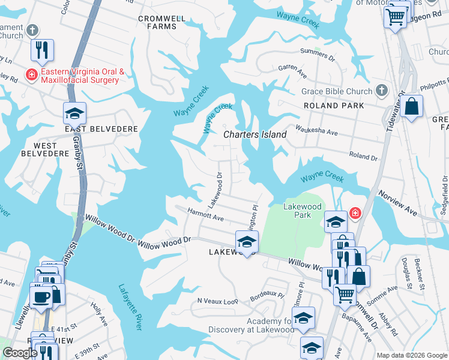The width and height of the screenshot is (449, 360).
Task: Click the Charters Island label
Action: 255,134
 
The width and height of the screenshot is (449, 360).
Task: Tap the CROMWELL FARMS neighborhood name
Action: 161,23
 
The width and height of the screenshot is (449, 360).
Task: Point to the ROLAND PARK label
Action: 334,106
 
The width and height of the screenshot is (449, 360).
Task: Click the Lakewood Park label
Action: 306,211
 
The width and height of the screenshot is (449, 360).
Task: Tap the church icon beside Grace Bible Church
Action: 381,91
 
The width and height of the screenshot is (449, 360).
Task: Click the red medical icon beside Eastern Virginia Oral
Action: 30,74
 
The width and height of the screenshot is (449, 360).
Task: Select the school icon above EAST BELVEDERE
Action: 75,113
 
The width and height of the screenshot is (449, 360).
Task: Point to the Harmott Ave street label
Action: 205,215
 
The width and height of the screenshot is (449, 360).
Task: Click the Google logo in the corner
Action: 20,352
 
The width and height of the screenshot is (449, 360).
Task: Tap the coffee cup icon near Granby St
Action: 41,296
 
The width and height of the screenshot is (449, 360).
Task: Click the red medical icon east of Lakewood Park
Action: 355,213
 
